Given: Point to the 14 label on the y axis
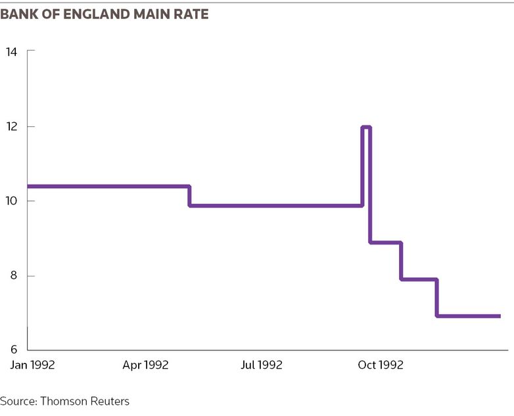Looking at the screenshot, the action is click(x=11, y=52).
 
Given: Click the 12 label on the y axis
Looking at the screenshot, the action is click(x=11, y=127).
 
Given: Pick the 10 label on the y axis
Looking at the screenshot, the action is click(x=11, y=200).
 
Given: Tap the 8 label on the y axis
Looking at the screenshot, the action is click(x=13, y=275).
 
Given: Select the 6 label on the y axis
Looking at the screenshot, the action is click(x=13, y=350).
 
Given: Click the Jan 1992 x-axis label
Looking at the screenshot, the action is click(x=32, y=365).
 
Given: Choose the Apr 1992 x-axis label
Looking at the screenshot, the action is click(x=145, y=365).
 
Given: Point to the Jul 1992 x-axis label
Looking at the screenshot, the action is click(x=262, y=365).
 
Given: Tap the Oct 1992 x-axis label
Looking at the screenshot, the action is click(x=381, y=365).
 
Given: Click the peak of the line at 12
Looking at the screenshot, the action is click(x=366, y=127).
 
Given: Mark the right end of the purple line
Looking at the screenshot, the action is click(x=500, y=316).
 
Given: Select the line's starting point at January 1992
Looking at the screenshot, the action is click(x=28, y=187).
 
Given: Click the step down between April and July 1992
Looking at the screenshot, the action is click(x=189, y=196).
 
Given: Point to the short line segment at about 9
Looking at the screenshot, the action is click(x=385, y=243).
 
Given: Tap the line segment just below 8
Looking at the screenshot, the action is click(x=419, y=279).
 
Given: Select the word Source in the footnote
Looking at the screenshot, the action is click(x=19, y=402).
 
